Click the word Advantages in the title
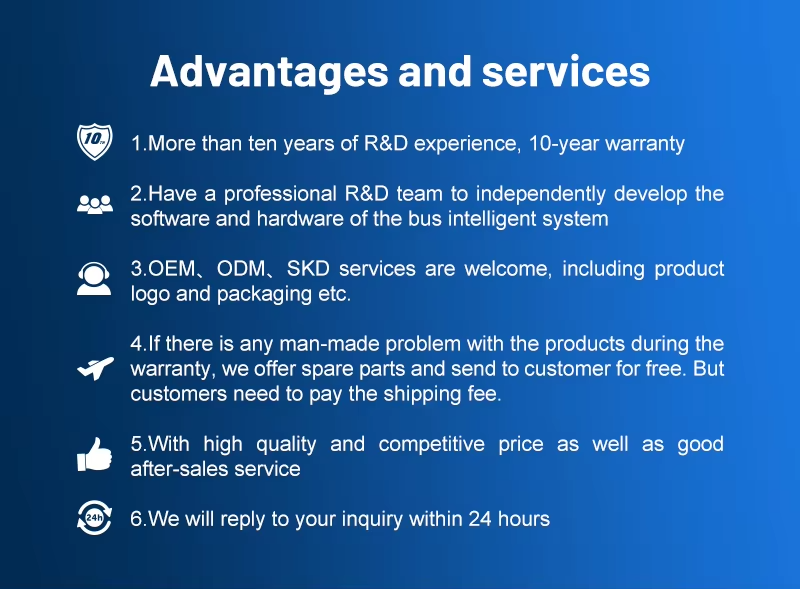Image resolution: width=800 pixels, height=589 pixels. [269, 72]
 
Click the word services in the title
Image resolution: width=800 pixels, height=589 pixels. [566, 71]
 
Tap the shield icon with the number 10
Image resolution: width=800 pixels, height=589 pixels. [94, 142]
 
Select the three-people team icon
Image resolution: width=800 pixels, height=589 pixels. [95, 205]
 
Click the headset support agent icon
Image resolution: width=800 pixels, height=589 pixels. [94, 279]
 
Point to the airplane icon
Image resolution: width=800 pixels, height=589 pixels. [95, 368]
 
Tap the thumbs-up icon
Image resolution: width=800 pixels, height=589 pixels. [94, 454]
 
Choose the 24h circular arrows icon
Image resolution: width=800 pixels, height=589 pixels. [94, 518]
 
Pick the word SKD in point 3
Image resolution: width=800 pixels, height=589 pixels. [308, 268]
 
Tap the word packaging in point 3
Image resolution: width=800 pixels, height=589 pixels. [264, 294]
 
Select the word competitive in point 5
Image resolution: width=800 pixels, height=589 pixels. [432, 444]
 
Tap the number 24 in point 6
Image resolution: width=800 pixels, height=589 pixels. [480, 519]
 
